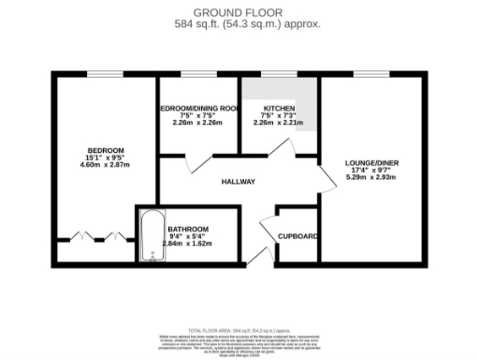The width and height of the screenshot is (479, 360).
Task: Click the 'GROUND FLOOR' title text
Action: pos(239,11)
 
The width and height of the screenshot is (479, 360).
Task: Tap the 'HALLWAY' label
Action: pos(239,181)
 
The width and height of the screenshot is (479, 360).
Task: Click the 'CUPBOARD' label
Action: pos(298,236)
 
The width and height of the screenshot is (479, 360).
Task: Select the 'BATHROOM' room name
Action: pos(187,229)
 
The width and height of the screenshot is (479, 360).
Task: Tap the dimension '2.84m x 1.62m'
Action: pos(187,244)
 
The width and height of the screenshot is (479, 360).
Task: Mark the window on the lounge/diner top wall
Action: pos(372,74)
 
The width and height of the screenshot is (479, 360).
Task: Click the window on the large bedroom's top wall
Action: pos(101,74)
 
